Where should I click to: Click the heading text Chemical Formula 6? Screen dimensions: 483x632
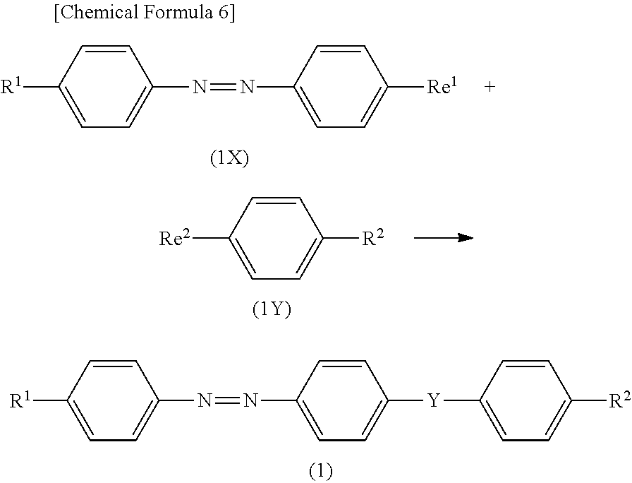144,15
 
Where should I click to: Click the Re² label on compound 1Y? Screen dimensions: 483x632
174,239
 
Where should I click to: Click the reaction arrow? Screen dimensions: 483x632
443,239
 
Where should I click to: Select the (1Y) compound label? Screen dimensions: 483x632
272,310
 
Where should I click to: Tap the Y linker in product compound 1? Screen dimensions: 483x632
435,402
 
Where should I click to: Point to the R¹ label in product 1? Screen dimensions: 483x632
23,402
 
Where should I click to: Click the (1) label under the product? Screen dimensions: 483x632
320,471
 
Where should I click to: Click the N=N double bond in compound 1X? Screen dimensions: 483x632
223,88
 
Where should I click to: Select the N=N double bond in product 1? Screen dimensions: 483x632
227,402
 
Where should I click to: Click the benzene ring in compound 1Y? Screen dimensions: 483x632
276,239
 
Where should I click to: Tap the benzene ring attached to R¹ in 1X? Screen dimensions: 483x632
107,88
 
